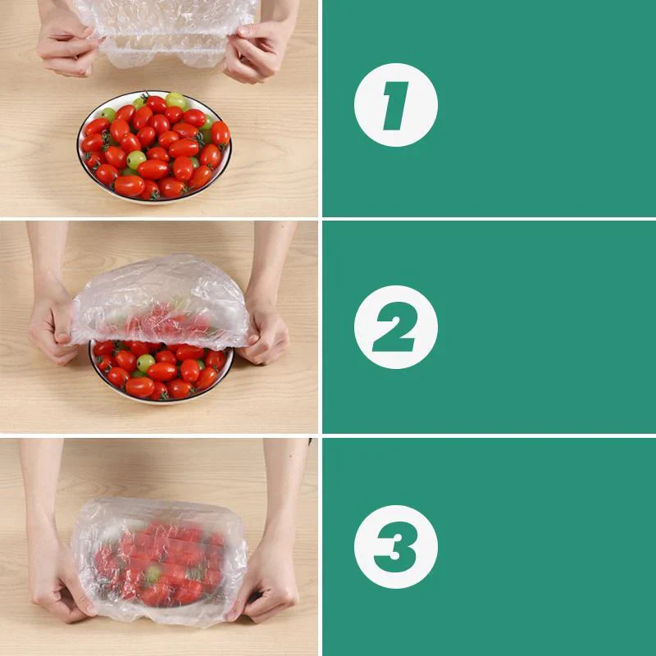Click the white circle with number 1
coord(395,105)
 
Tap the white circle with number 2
coord(395,327)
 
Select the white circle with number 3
coord(395,546)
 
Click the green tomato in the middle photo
coord(146,362)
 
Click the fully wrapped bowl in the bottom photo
coord(160,562)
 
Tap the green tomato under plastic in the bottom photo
coord(152,574)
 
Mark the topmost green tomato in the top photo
coord(175,100)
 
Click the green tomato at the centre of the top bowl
coord(136,159)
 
